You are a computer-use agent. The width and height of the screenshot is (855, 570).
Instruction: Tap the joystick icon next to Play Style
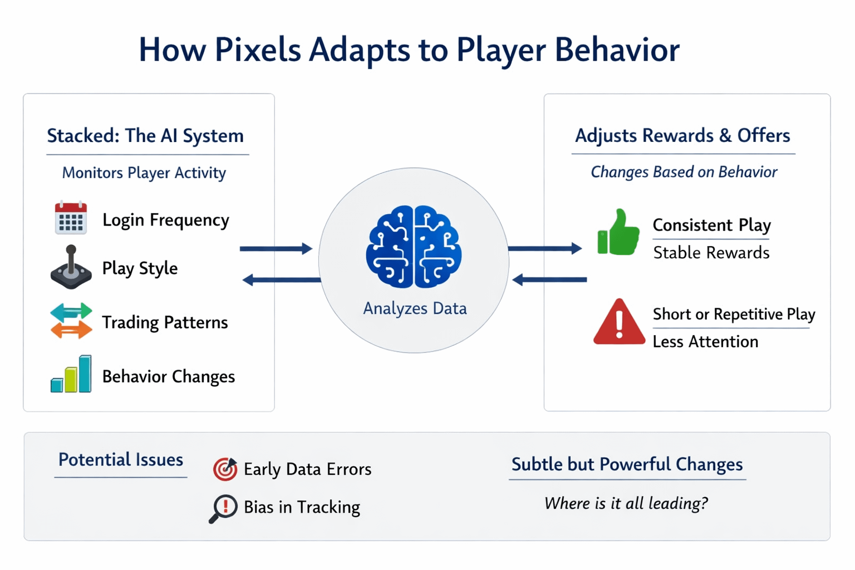click(x=71, y=267)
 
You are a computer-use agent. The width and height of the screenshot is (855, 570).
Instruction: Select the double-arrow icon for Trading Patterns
click(x=71, y=321)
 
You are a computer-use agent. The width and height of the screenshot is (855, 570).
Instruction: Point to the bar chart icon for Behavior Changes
click(x=71, y=374)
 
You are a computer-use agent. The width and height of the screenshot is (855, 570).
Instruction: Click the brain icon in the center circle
click(x=414, y=247)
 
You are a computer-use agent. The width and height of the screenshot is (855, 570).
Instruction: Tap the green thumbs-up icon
click(x=618, y=232)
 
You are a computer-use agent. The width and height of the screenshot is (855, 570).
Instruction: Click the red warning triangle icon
click(x=619, y=322)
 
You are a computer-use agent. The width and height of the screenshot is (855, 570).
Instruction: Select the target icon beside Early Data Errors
click(x=225, y=469)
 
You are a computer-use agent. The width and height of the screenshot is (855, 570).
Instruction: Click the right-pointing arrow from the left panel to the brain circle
click(x=276, y=248)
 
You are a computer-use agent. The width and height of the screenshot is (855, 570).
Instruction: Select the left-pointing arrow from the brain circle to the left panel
click(x=282, y=280)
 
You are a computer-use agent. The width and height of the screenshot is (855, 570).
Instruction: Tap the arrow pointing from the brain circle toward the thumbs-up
click(x=545, y=248)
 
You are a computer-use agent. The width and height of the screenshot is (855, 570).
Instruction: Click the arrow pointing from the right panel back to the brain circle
click(x=549, y=280)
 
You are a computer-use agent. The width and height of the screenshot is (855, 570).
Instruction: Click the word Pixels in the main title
click(x=258, y=50)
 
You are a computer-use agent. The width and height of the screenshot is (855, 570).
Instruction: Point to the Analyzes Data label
click(x=415, y=308)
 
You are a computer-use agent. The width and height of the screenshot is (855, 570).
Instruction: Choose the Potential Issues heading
click(x=121, y=460)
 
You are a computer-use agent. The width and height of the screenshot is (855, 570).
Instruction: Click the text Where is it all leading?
click(x=626, y=503)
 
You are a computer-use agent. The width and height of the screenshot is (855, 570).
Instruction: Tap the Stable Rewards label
click(x=711, y=253)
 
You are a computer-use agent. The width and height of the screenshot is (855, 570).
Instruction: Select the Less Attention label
click(x=705, y=342)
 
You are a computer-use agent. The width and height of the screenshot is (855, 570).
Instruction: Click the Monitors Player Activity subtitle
click(x=144, y=173)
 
